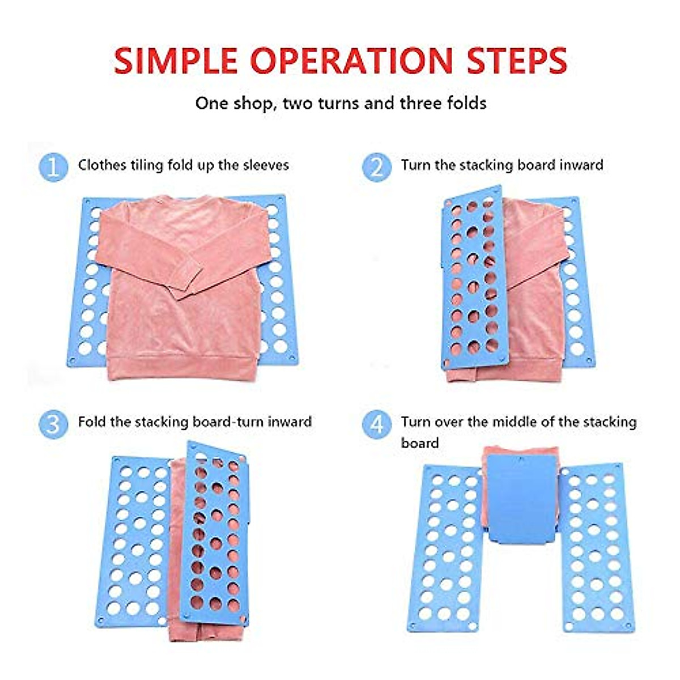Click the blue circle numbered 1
pyautogui.click(x=53, y=168)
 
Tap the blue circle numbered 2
pyautogui.click(x=377, y=168)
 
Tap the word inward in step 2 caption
pyautogui.click(x=581, y=165)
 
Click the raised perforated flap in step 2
pyautogui.click(x=473, y=278)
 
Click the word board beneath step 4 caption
pyautogui.click(x=419, y=443)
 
